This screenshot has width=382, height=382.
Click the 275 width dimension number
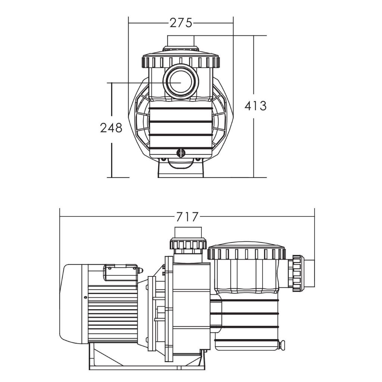pos(181,23)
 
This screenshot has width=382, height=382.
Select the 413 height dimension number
pos(256,106)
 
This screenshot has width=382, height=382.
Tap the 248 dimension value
pos(111,128)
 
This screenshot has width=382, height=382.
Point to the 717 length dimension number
pos(187,217)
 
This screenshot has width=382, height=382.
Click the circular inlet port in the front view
pos(181,81)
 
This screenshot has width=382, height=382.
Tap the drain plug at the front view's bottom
pos(181,153)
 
